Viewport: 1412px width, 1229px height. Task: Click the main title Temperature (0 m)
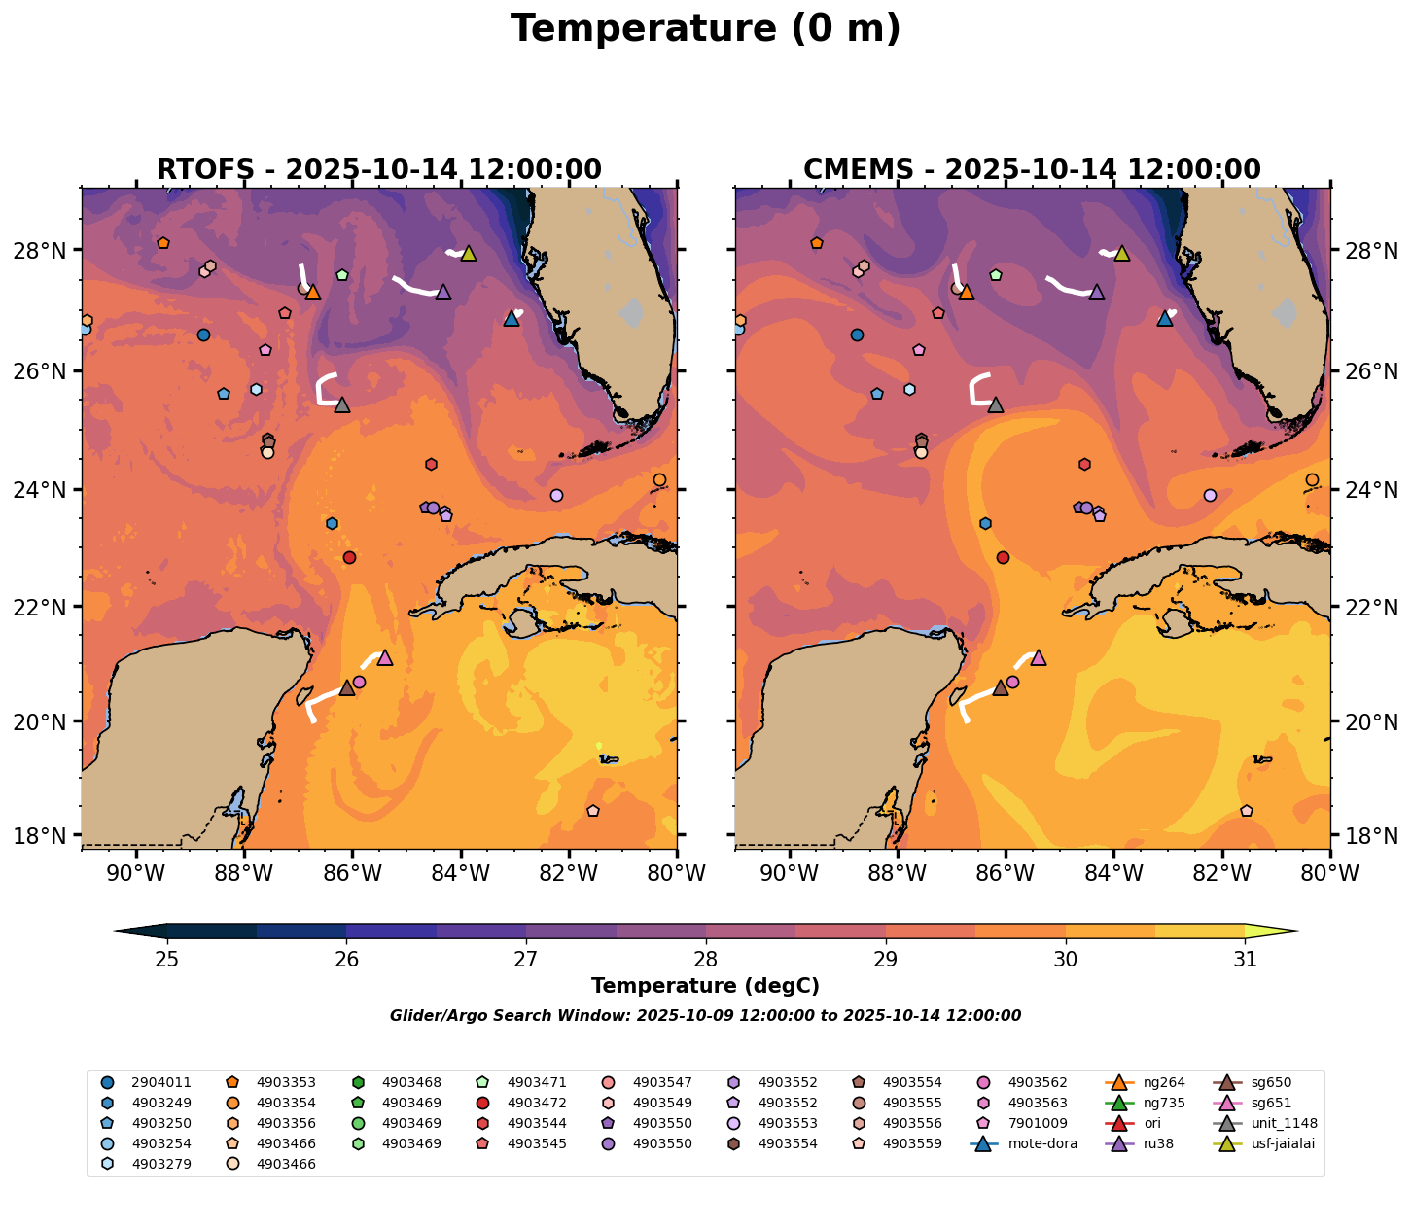pos(705,29)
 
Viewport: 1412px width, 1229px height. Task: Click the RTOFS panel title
pos(379,170)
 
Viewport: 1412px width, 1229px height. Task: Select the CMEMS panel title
pos(1032,170)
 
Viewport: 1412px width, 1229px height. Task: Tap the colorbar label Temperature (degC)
pos(705,986)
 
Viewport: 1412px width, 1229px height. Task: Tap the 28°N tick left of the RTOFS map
pos(47,252)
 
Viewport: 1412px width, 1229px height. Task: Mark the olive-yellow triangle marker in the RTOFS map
pos(468,254)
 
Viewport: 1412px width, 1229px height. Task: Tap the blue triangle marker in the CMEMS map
pos(1165,318)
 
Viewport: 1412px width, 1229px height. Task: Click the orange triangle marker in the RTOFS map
pos(313,292)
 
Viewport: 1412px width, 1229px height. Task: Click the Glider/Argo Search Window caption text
pos(705,1016)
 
